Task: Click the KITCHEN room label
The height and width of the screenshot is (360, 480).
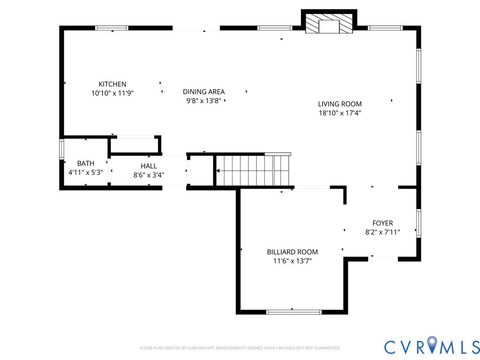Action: (x=112, y=84)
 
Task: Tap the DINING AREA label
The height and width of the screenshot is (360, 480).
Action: (x=204, y=92)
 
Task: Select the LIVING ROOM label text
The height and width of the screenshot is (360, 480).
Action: (x=340, y=104)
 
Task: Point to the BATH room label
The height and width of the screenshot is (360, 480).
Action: (x=86, y=164)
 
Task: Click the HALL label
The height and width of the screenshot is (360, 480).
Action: (x=148, y=166)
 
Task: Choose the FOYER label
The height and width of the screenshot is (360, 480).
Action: (x=382, y=223)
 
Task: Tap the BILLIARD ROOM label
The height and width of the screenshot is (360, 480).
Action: (x=292, y=252)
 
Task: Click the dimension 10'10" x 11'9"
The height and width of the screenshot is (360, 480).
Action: (x=112, y=93)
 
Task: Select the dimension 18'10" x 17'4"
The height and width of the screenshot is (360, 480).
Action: (x=340, y=113)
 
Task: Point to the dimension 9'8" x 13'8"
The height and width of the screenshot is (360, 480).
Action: (x=204, y=101)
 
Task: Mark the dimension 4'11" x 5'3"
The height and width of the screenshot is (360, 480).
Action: (x=86, y=173)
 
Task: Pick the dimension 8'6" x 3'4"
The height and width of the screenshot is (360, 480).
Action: (x=148, y=175)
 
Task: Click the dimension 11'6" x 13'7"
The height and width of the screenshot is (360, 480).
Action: (x=292, y=261)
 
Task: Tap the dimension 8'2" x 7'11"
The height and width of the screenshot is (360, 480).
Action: (x=382, y=232)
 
